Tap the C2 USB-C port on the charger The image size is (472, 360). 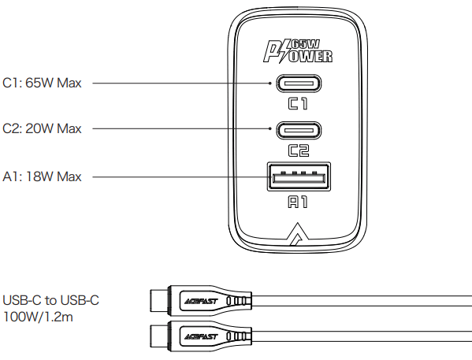(298, 128)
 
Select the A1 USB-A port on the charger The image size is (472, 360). (298, 176)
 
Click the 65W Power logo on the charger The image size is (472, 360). (298, 50)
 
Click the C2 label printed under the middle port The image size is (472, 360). (298, 150)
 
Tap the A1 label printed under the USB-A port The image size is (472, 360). (298, 202)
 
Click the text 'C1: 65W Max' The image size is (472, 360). (42, 82)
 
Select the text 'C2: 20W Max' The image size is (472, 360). (43, 128)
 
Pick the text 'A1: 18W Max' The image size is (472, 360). (42, 176)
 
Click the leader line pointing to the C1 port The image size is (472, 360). (181, 82)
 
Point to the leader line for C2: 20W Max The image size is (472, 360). (181, 128)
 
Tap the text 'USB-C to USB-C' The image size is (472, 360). (51, 300)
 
